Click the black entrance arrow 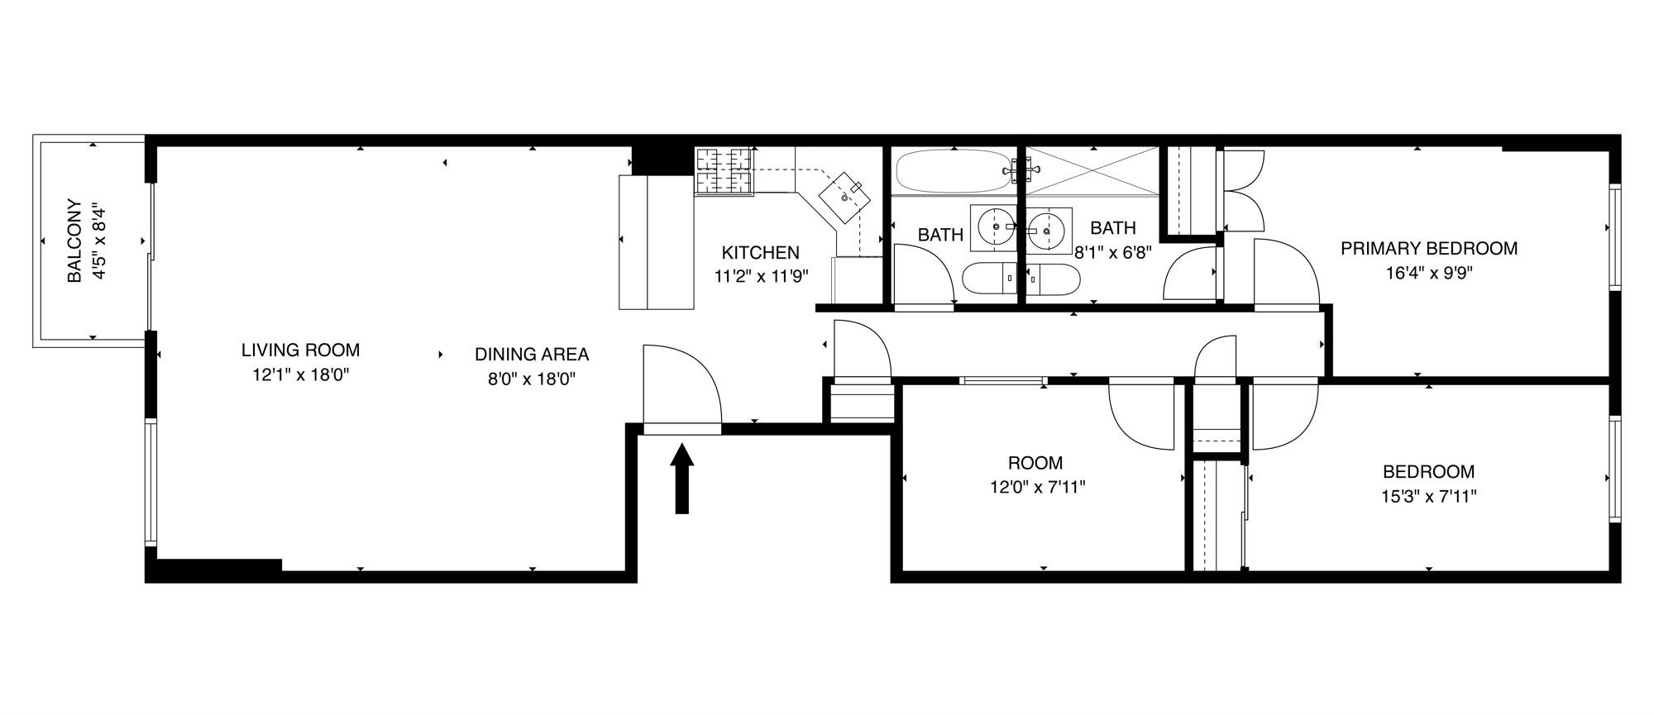coord(681,479)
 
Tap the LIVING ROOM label coord(300,350)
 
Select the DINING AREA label coord(532,355)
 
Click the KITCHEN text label coord(760,253)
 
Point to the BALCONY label coord(74,241)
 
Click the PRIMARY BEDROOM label coord(1428,248)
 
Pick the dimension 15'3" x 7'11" coord(1428,497)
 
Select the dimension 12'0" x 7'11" coord(1037,488)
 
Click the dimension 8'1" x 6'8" coord(1112,253)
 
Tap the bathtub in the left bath coord(953,171)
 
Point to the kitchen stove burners coord(724,171)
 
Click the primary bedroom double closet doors coord(1243,191)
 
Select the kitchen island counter coord(656,241)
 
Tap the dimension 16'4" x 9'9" coord(1428,273)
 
